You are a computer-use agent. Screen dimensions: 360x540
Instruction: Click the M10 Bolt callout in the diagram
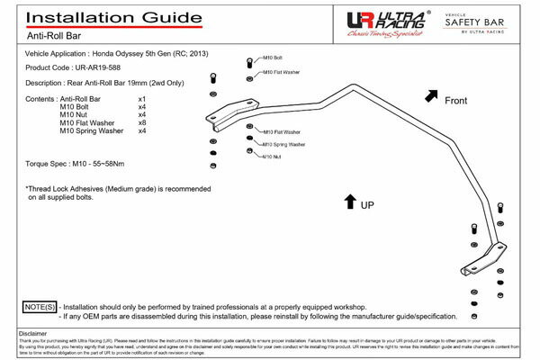tap(272, 59)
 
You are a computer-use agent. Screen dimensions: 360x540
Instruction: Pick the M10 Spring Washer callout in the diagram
tap(283, 144)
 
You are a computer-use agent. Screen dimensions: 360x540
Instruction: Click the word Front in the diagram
tap(456, 102)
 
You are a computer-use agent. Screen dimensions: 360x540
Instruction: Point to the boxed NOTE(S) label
tap(37, 307)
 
